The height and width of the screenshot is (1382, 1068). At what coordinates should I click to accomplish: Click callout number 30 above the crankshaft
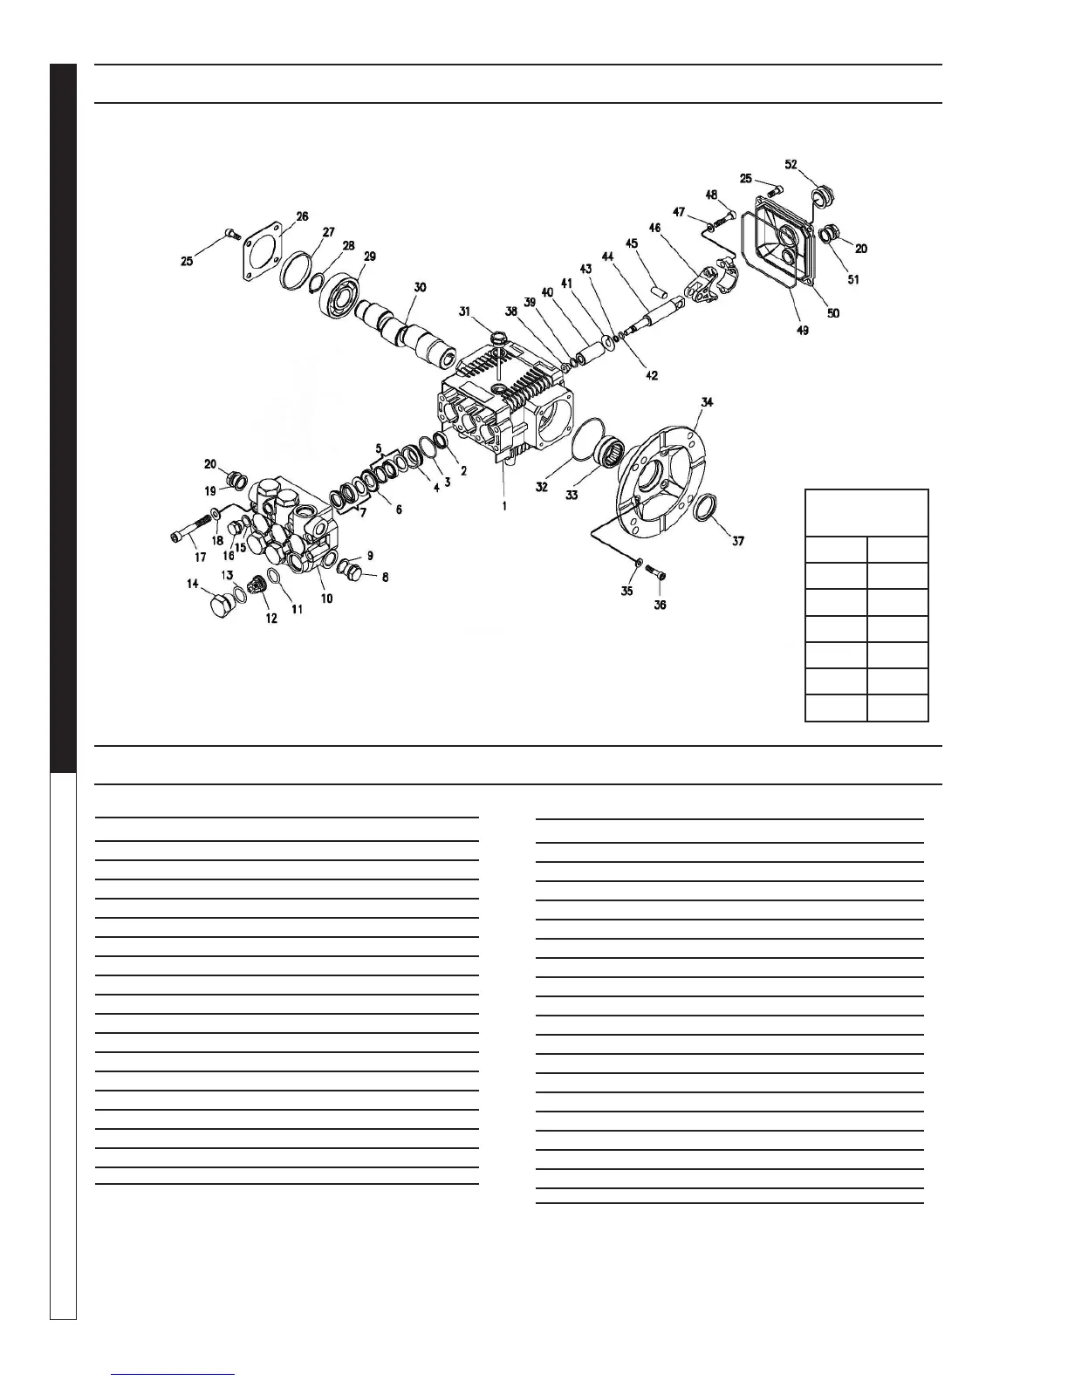(x=421, y=288)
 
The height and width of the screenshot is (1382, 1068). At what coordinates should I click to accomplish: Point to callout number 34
(x=708, y=402)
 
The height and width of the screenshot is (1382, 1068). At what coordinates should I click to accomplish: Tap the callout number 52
(x=791, y=164)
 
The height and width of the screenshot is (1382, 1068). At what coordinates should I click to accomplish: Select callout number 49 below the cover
(x=802, y=330)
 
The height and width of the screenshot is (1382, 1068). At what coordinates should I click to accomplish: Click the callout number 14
(x=192, y=585)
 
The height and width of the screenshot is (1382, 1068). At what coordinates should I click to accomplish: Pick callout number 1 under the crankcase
(x=504, y=505)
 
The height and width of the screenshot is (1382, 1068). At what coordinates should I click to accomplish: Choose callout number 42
(x=652, y=376)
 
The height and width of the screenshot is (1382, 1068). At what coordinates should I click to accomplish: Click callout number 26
(x=302, y=216)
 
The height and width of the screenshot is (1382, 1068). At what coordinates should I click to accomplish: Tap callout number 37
(x=738, y=541)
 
